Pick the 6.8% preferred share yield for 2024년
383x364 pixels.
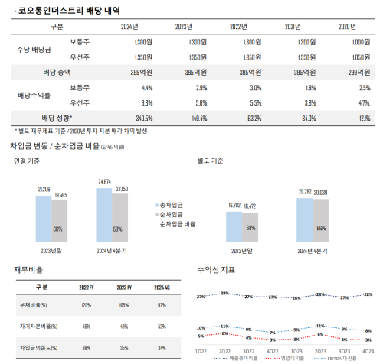(x=137, y=102)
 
